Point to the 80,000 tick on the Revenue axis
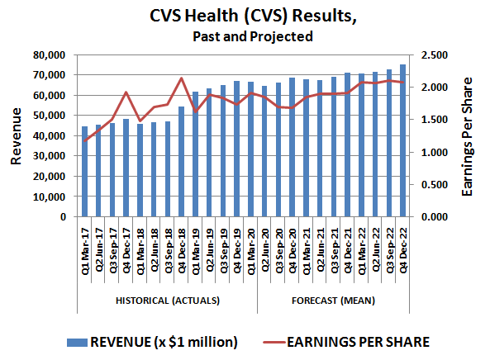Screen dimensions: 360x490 coord(49,55)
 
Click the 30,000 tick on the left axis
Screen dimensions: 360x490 coord(49,156)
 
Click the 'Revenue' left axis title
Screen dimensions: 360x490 coord(17,136)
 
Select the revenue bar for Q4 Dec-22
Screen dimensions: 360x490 coord(403,141)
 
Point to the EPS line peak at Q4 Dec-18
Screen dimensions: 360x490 coord(182,78)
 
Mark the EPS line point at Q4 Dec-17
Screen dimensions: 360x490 coord(126,92)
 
